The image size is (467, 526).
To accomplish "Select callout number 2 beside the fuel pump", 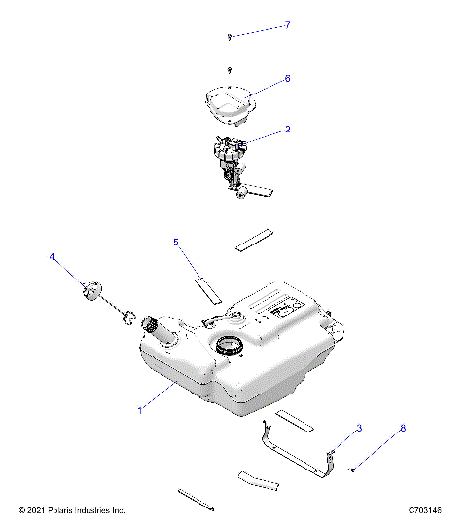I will [x=287, y=129].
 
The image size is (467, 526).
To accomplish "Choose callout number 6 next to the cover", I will [x=287, y=78].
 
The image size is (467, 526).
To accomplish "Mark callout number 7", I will [x=287, y=25].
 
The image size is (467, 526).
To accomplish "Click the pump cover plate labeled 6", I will [x=231, y=102].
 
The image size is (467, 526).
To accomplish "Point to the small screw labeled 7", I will [x=229, y=36].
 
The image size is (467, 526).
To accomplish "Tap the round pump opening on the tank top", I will [x=230, y=344].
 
